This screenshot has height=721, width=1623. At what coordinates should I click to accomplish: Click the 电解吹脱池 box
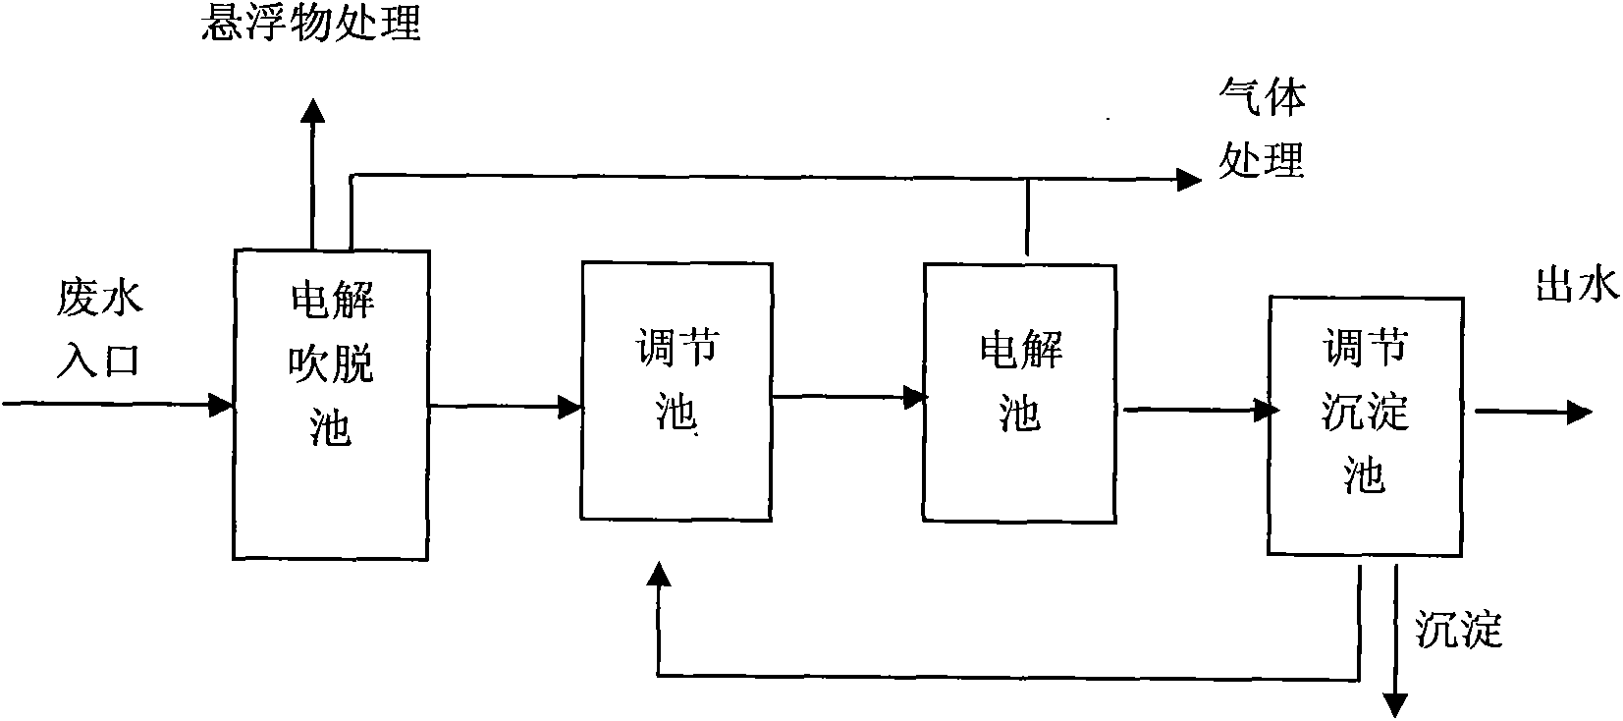330,404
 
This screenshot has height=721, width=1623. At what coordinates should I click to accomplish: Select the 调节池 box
676,390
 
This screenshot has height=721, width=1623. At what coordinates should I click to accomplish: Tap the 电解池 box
1020,392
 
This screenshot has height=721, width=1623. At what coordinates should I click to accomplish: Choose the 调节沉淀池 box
1365,425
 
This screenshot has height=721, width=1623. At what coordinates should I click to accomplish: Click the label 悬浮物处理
310,22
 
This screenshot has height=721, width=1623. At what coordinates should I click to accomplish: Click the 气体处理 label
1262,128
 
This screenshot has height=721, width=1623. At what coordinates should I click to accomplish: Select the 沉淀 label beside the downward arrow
1459,629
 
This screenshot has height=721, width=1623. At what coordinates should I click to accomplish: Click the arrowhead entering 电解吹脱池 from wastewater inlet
222,403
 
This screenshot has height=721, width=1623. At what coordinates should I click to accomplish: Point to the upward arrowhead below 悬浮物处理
312,110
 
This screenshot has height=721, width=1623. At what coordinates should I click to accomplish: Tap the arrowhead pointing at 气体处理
1189,179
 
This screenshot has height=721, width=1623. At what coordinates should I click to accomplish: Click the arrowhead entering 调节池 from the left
570,405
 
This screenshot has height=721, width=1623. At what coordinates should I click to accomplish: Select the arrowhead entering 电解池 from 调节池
915,396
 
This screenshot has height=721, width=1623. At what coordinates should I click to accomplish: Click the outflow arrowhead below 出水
1579,413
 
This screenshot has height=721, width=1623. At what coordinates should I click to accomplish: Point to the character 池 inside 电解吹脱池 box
330,429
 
